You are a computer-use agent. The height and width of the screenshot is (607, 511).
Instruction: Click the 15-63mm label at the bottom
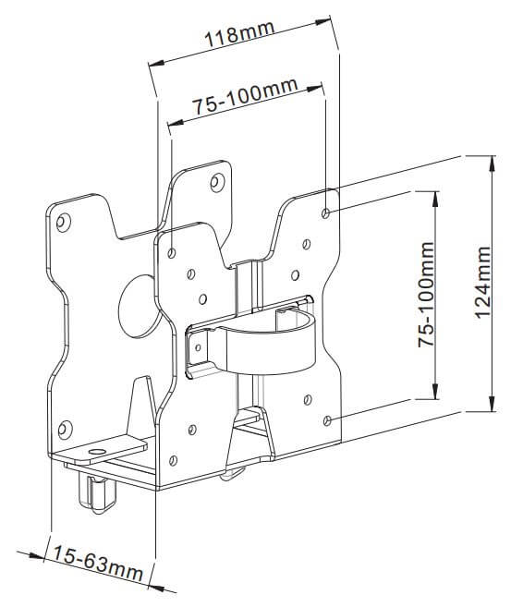click(x=97, y=564)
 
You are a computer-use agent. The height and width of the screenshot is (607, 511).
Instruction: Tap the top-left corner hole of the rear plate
click(x=63, y=222)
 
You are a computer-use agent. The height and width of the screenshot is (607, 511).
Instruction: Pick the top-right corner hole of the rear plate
click(x=215, y=182)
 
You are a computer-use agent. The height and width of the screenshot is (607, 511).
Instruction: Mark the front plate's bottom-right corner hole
click(x=329, y=420)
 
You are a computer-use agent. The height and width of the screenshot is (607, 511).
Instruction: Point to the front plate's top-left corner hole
click(x=173, y=249)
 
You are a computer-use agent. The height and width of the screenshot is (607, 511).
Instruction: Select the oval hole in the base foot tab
click(x=95, y=453)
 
